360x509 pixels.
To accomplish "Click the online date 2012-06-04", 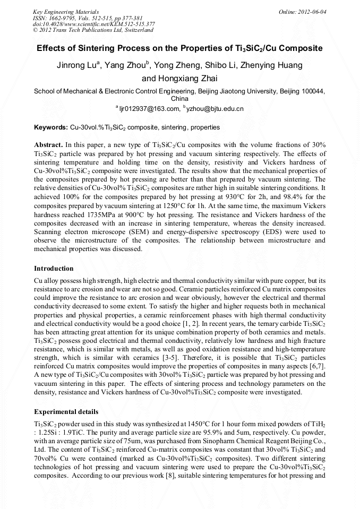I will (x=313, y=11).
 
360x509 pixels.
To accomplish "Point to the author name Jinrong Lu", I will (x=75, y=65).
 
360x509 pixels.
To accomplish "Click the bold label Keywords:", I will (x=50, y=128).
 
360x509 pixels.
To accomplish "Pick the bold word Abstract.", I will (x=49, y=145).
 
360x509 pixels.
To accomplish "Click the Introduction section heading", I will (x=54, y=268).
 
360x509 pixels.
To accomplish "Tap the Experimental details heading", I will (x=66, y=411).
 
